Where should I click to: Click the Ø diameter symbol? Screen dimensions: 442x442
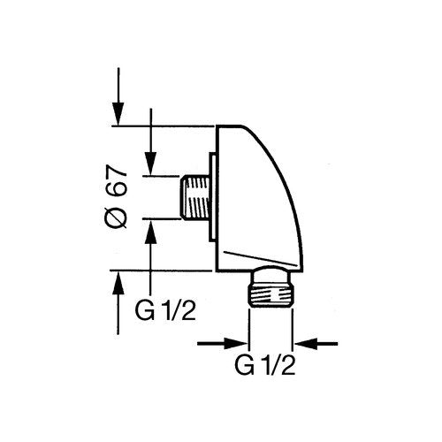click(117, 217)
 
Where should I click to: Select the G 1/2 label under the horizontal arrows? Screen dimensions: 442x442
click(265, 365)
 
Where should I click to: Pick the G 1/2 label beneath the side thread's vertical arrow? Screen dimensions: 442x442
click(165, 310)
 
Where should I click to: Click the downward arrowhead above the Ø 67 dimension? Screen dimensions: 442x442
click(118, 114)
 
